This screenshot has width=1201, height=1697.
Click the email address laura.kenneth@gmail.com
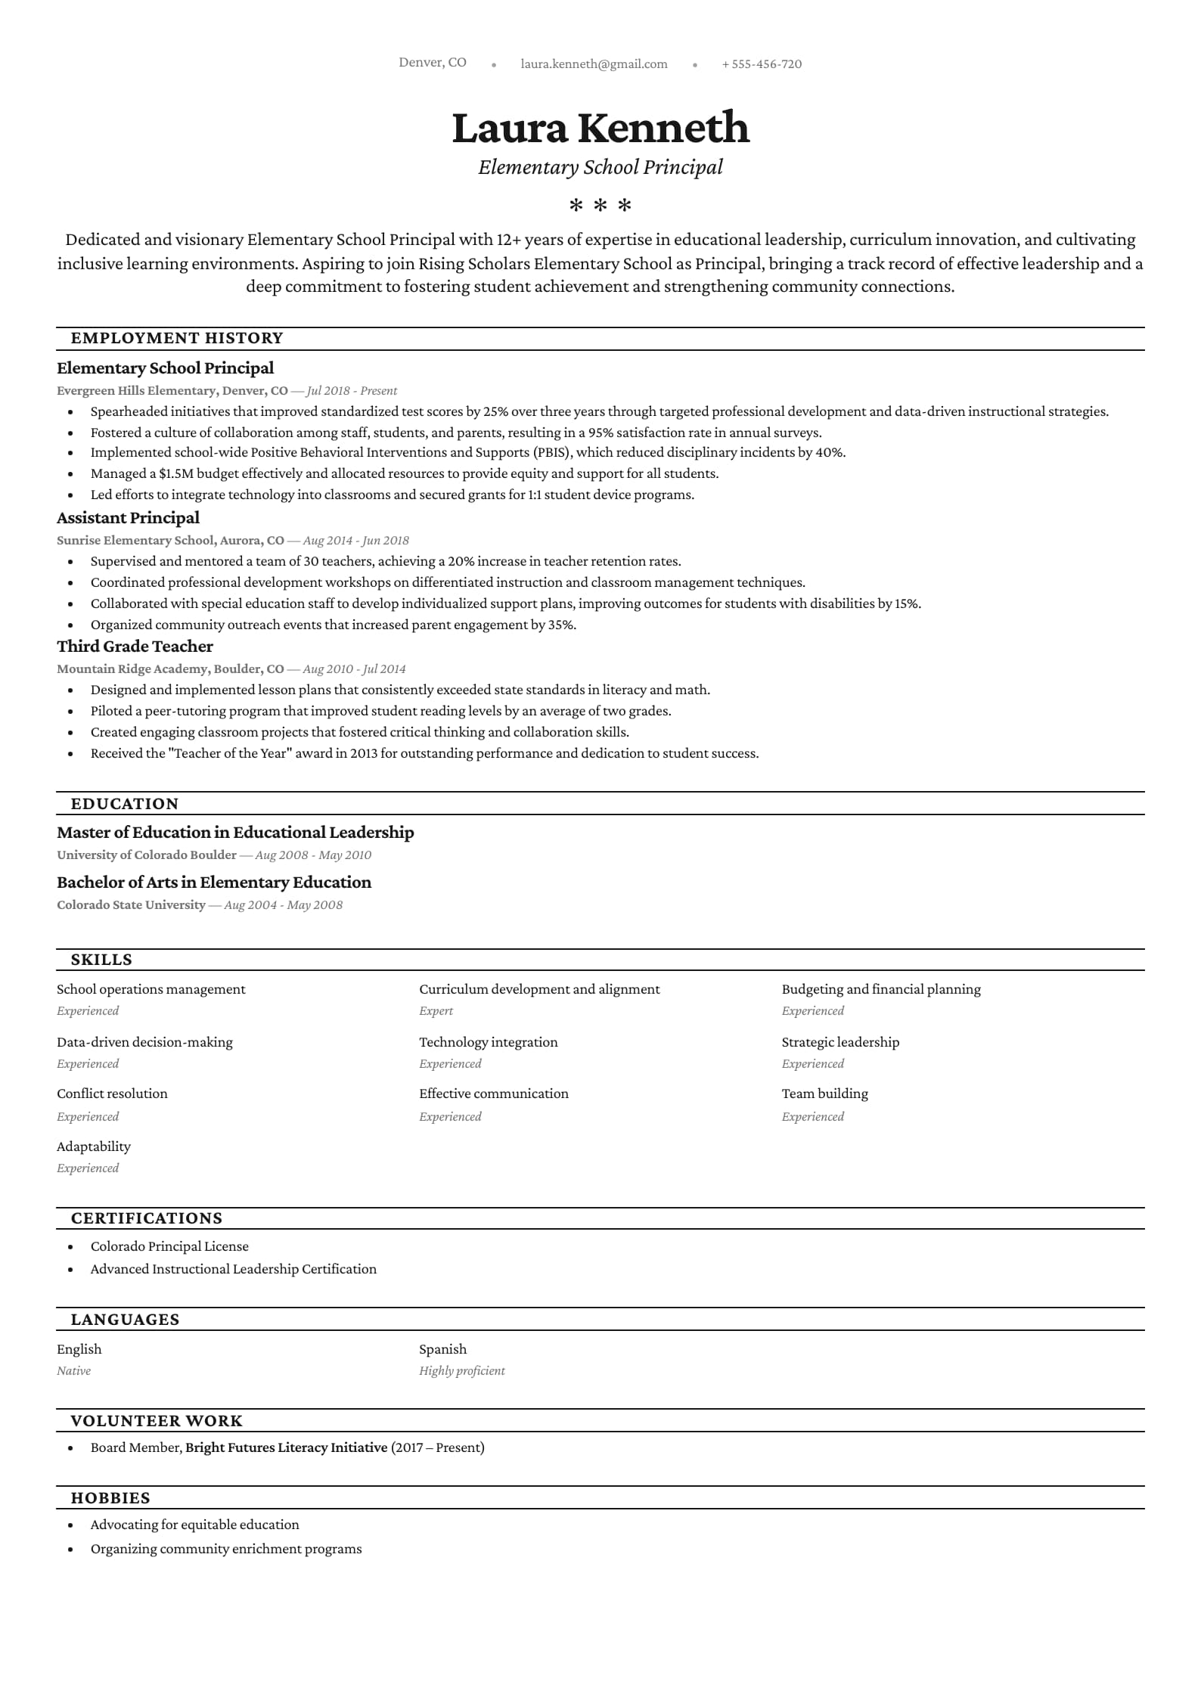[594, 64]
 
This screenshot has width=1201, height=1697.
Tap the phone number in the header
[762, 64]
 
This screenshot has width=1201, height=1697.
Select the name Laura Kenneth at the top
[600, 127]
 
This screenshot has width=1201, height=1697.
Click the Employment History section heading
[177, 338]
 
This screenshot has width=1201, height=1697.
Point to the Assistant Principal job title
[128, 518]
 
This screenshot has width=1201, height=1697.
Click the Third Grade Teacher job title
[135, 647]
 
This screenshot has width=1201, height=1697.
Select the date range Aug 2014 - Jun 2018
[355, 541]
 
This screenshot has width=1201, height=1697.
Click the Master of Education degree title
[235, 833]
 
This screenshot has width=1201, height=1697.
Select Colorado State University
[131, 905]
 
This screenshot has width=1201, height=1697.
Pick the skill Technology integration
[488, 1042]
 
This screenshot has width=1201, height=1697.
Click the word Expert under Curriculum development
[436, 1011]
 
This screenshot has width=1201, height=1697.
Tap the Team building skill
[824, 1094]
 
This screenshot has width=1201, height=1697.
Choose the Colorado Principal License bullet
[169, 1246]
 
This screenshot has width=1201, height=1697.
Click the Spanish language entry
[442, 1349]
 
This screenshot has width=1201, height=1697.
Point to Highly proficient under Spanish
[461, 1371]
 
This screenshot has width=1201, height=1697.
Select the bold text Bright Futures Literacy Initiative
[286, 1447]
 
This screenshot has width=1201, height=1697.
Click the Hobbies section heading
[110, 1498]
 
